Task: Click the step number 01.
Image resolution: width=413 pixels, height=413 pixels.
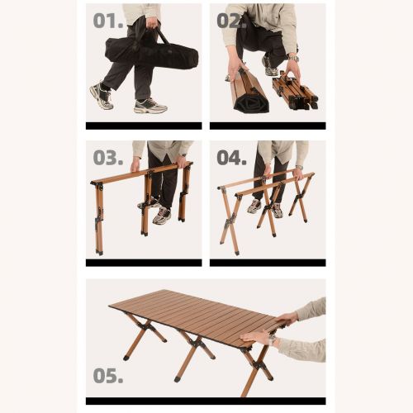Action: tap(108, 21)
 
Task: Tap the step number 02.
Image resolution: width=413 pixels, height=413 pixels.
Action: tap(231, 21)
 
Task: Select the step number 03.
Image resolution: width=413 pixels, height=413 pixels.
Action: tap(108, 158)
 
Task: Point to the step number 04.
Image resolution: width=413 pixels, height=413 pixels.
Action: tap(231, 158)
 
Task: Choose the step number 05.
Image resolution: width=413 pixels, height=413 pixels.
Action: tap(108, 376)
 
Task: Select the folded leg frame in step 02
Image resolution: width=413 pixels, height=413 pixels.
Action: tap(295, 93)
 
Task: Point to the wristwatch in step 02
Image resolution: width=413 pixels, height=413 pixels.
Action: tap(293, 59)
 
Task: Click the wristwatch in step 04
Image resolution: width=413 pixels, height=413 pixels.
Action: tap(300, 168)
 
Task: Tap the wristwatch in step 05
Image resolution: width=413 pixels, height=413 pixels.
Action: tap(273, 341)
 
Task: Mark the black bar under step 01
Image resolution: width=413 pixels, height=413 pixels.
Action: tap(144, 126)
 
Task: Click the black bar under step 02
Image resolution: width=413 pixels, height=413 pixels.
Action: tap(268, 126)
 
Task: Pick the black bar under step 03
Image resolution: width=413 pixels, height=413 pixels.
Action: tap(144, 263)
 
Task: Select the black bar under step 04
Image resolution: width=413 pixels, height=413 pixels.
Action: tap(268, 263)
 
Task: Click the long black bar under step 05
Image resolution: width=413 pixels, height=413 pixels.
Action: tap(206, 401)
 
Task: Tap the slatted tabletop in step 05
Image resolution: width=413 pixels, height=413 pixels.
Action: tap(197, 316)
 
